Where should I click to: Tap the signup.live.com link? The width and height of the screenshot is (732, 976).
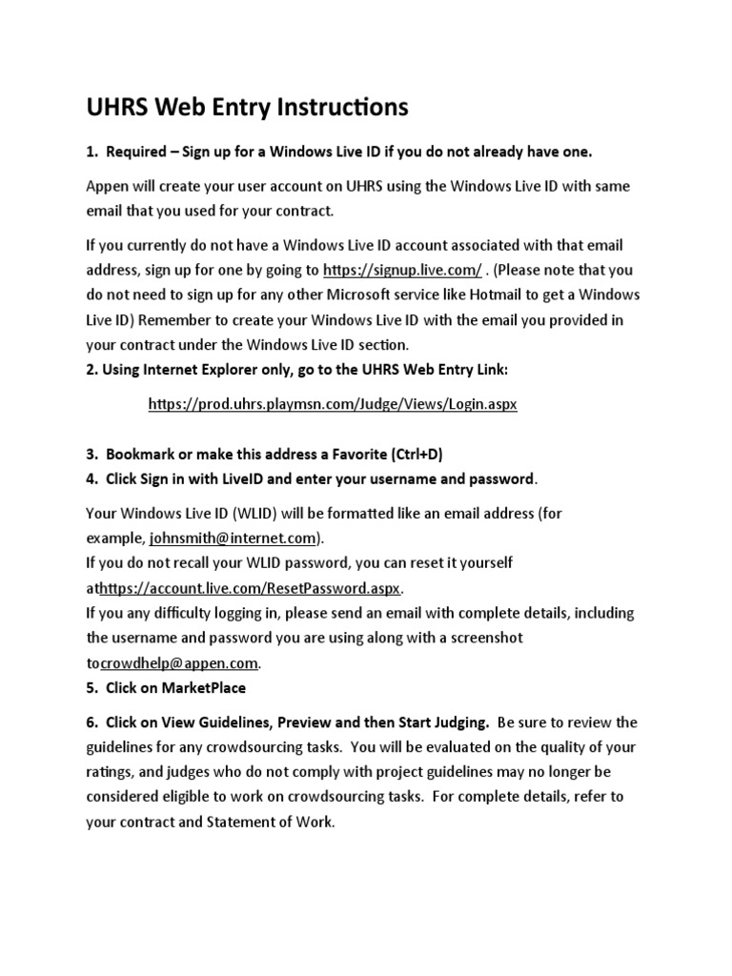(402, 270)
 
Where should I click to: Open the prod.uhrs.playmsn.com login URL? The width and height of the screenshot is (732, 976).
(333, 404)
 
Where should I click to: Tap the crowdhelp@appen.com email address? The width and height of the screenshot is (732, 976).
(179, 662)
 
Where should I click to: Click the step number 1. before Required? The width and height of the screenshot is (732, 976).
(91, 152)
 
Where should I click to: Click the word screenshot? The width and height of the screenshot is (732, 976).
(476, 638)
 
